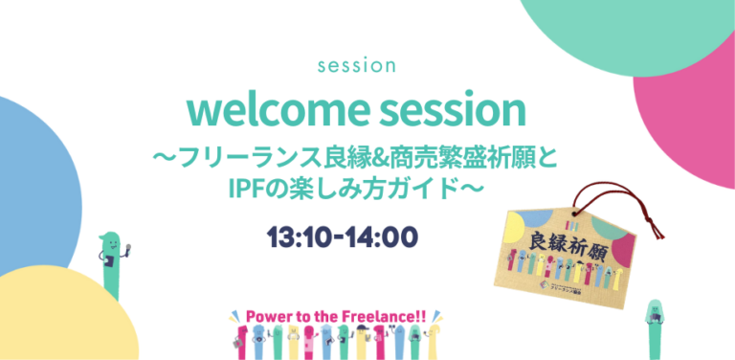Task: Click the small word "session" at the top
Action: [355, 67]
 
